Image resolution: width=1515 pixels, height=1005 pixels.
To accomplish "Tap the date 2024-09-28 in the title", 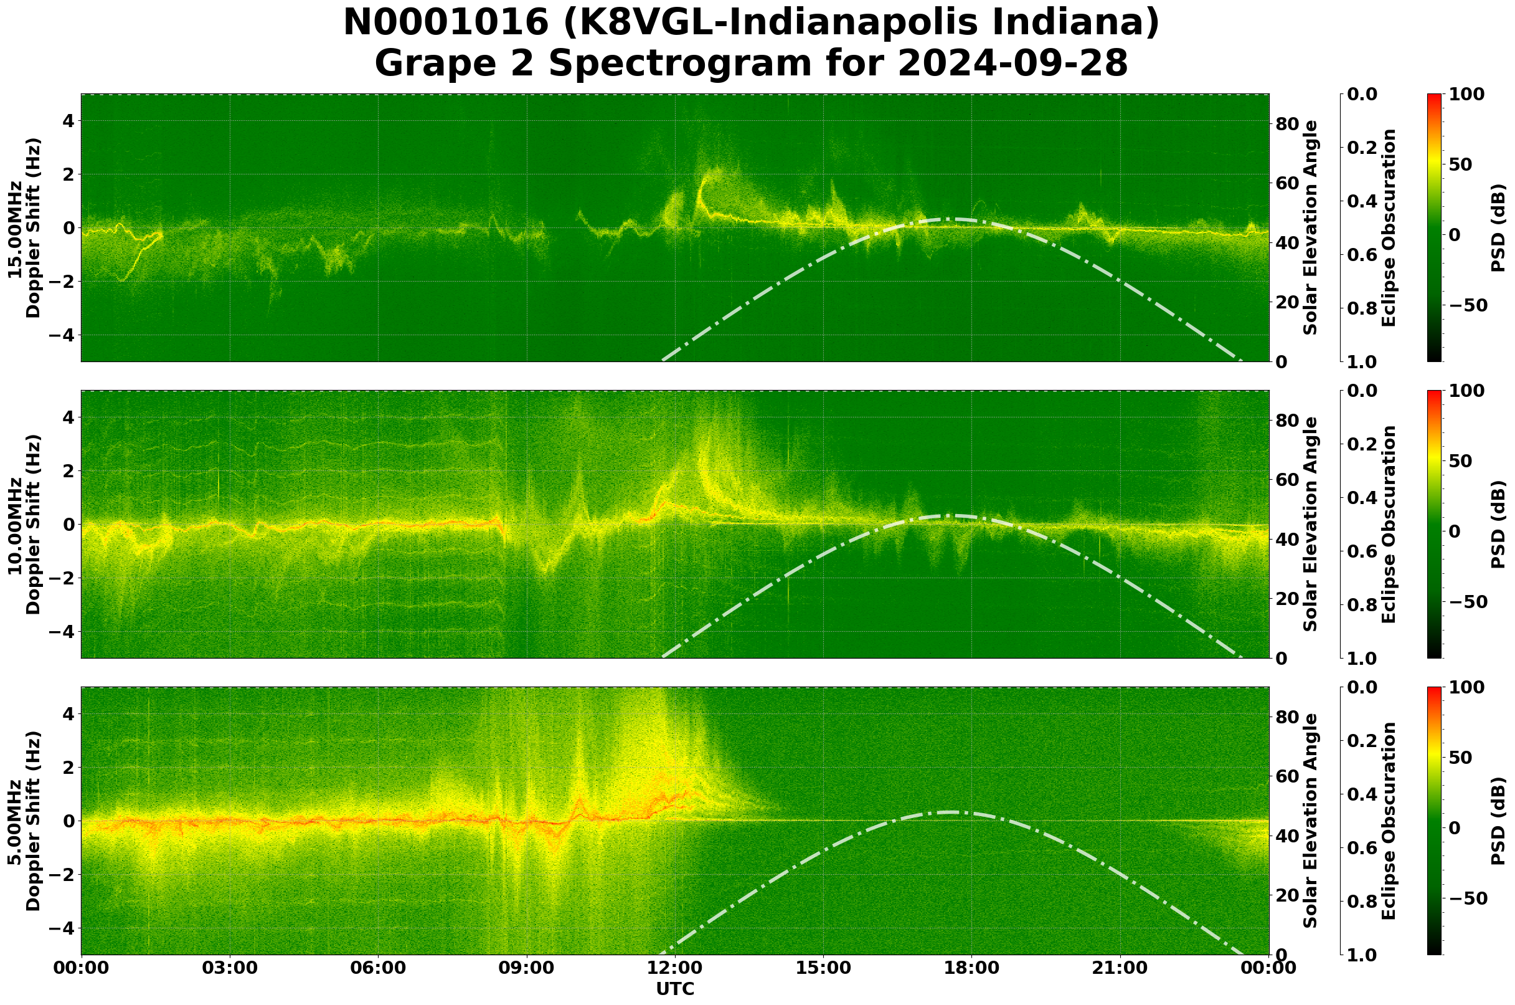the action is pos(1011,64).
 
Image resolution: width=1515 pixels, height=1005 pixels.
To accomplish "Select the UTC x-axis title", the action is pos(674,989).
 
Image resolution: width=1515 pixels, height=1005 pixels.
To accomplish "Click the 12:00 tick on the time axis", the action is pos(674,968).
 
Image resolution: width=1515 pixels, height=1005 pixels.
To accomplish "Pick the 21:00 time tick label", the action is pos(1120,968).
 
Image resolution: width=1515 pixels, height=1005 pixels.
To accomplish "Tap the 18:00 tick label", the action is pos(971,968).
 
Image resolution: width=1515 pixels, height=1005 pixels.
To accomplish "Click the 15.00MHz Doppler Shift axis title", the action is pos(24,228).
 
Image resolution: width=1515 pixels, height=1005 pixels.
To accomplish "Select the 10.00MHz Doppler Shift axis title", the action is pos(24,524).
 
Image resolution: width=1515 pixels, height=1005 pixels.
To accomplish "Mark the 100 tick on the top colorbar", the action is pos(1466,94).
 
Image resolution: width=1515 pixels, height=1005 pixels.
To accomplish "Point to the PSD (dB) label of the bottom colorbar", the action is pos(1498,821).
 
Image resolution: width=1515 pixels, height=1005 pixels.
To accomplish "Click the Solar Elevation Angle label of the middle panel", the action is pos(1311,524).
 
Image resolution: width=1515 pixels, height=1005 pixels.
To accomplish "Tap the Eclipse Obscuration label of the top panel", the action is pos(1388,228).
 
